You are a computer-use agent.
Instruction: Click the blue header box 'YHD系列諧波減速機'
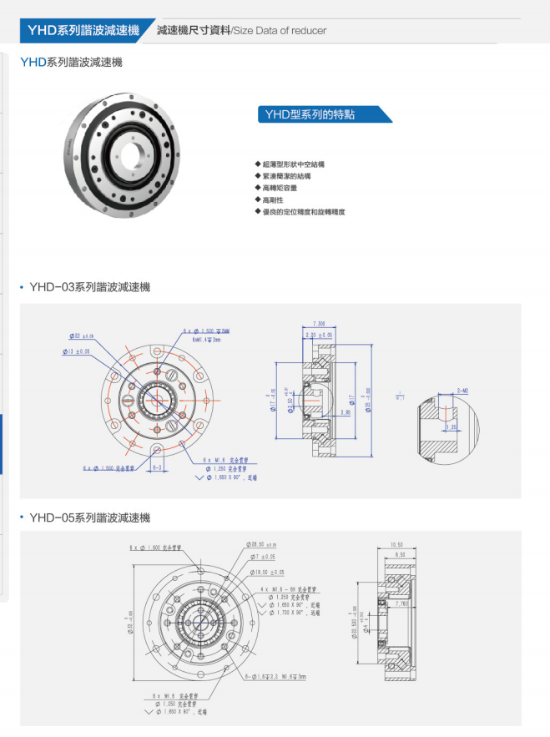click(x=83, y=30)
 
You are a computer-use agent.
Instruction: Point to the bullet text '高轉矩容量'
click(x=280, y=189)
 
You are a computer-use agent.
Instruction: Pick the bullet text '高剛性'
click(x=275, y=200)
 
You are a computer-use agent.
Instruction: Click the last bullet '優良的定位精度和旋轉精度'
click(x=303, y=213)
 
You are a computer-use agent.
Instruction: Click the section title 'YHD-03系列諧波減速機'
click(x=89, y=287)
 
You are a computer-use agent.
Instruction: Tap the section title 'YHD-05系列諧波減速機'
click(x=89, y=518)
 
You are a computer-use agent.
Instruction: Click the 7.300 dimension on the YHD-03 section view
click(x=319, y=322)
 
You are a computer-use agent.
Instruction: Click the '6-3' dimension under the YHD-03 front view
click(x=156, y=468)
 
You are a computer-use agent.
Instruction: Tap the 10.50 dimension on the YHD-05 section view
click(x=396, y=545)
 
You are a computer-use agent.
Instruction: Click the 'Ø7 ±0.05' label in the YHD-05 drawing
click(x=265, y=558)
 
